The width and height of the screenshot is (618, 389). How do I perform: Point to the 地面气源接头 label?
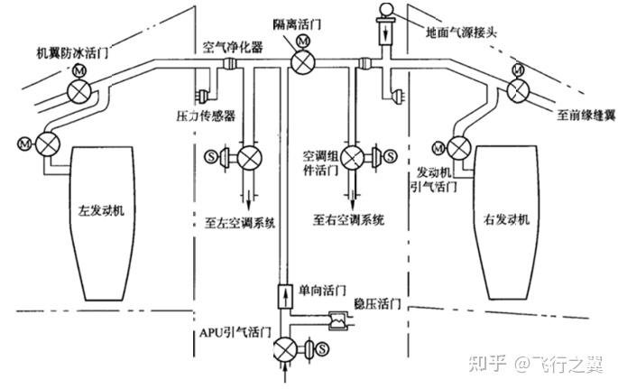pos(457,29)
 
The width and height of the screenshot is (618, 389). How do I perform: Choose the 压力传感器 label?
pos(206,116)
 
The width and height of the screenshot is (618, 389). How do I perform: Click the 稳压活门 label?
pos(376,304)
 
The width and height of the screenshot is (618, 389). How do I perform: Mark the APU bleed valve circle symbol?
pos(285,347)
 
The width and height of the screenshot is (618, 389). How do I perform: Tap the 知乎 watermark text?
pos(494,363)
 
